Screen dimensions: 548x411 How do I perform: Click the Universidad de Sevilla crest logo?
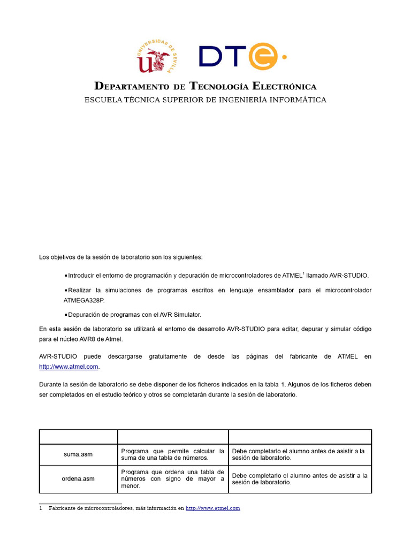(156, 57)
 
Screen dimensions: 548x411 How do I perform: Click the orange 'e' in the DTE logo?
(262, 56)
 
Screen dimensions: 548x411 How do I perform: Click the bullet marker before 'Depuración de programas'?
(65, 315)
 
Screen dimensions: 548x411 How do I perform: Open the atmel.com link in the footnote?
(212, 508)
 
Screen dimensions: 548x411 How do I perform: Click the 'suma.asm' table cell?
(78, 454)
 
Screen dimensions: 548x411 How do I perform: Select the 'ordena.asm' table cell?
(78, 479)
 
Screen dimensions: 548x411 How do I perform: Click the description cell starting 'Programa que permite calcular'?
(172, 454)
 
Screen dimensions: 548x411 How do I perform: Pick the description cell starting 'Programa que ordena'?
(172, 479)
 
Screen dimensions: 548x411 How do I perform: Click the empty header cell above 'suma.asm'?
(78, 436)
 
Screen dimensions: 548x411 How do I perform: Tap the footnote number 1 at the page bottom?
(41, 508)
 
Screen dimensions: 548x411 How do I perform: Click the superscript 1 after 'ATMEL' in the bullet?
(303, 273)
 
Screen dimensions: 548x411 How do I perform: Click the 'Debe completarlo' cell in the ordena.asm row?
(300, 479)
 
